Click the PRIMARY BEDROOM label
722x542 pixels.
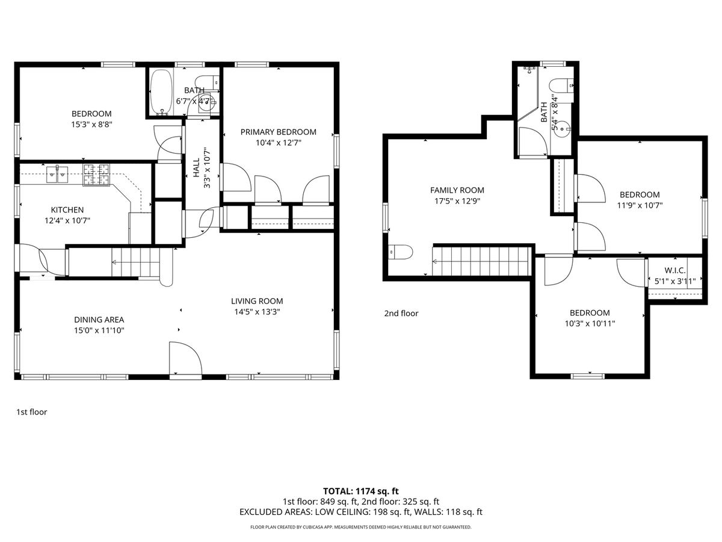pos(279,132)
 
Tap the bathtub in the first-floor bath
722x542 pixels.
pos(161,93)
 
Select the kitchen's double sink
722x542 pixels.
pos(57,174)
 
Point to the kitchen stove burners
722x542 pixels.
pos(96,175)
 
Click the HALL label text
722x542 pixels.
pos(196,168)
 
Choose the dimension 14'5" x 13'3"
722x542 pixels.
pos(257,311)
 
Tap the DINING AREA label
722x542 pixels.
pos(99,320)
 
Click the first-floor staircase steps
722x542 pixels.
pos(135,263)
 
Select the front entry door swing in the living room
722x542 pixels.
pos(185,358)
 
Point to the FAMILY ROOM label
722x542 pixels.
pos(457,190)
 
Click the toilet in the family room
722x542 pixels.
pos(400,252)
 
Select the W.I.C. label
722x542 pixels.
pos(675,270)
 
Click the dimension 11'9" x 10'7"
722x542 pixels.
pos(640,205)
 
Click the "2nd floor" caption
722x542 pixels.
pos(401,313)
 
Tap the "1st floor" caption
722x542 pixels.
pos(31,412)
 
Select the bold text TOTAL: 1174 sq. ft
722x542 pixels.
pos(361,491)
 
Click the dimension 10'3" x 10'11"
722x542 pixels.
pos(590,323)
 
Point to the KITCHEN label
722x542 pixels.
pos(67,210)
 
